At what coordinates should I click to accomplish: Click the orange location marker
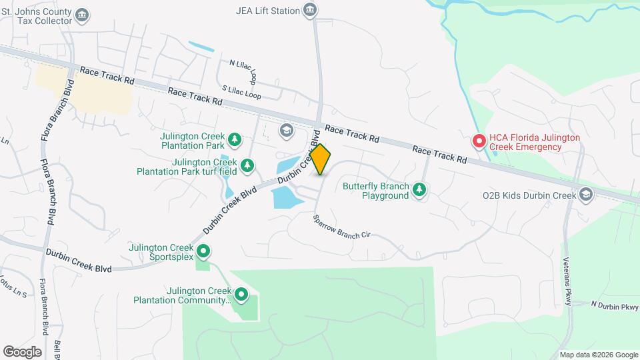320,159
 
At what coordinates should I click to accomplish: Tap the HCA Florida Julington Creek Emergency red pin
479,141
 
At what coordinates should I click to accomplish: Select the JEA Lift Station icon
309,9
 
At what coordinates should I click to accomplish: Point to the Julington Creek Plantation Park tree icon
234,139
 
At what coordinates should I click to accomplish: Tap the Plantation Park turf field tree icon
247,165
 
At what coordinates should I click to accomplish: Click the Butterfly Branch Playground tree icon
419,190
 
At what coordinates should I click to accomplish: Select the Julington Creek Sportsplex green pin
205,251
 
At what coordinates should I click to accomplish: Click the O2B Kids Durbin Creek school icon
586,195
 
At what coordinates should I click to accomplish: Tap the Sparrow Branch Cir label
341,227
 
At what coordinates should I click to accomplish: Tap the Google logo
22,351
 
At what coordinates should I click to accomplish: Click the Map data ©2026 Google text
598,355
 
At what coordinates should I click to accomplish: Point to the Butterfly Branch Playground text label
376,191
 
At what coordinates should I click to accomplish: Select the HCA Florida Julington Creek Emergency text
534,142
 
